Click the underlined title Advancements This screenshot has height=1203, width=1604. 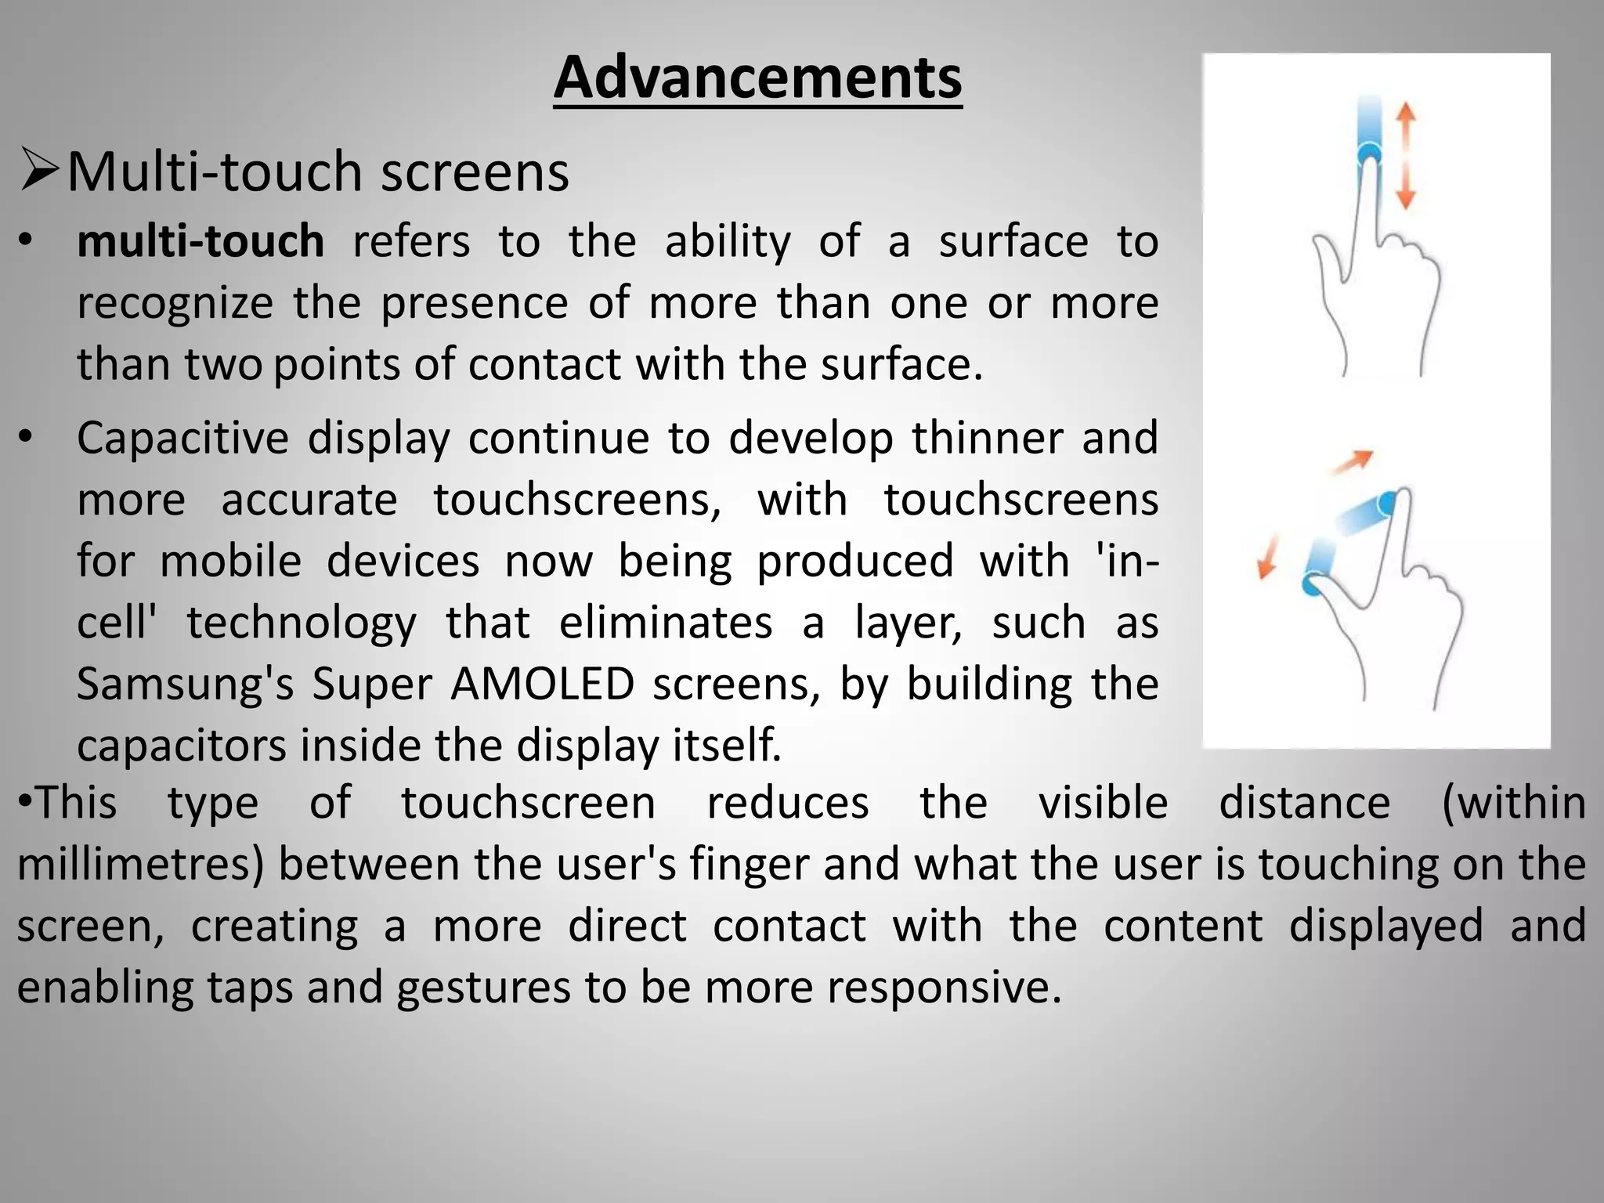[x=757, y=78]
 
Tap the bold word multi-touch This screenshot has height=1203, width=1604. [x=200, y=240]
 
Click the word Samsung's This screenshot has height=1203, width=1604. [x=186, y=683]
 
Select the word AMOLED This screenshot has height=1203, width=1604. [x=542, y=683]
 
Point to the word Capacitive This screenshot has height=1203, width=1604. [x=182, y=438]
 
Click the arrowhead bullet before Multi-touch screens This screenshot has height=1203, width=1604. [x=39, y=170]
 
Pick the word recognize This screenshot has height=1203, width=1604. [x=175, y=303]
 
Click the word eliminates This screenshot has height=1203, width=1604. [x=666, y=623]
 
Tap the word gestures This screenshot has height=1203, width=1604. [x=483, y=987]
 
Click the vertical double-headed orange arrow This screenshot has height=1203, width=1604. [x=1406, y=157]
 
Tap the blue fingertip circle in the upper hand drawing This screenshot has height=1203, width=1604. [x=1369, y=153]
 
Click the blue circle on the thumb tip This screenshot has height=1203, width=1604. [x=1311, y=583]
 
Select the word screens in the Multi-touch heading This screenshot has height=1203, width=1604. [x=475, y=172]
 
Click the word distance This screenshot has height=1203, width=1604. [x=1304, y=804]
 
